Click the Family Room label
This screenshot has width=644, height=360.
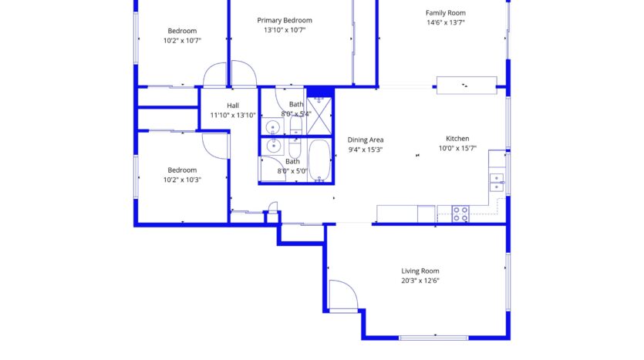445,13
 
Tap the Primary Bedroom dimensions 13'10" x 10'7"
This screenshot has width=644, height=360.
285,30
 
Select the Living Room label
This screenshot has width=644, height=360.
420,271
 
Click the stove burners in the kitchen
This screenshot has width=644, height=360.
460,214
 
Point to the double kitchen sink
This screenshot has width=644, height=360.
497,182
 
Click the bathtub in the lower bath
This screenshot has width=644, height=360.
319,160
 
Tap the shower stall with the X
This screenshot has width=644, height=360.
319,116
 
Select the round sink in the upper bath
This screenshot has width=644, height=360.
273,128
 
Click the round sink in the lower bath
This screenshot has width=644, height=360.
273,146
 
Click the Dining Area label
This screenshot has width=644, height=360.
366,140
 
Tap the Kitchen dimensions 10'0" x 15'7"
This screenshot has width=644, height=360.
457,148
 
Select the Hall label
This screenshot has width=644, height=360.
233,106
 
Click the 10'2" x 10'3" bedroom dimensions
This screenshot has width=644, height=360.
182,180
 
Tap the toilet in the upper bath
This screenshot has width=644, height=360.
295,126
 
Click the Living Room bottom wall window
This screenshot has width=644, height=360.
433,338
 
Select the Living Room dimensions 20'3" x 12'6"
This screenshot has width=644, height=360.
420,281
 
